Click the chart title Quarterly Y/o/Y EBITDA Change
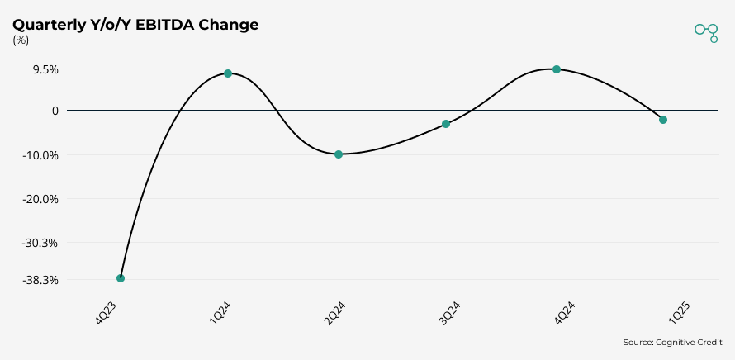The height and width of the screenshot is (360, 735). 135,25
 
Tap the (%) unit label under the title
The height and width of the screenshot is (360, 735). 21,40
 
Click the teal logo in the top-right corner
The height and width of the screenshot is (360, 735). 707,31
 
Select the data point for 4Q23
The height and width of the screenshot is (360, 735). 121,278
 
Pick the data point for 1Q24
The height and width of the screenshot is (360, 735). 228,73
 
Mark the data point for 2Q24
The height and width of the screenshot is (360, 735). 339,154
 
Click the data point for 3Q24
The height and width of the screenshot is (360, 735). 446,124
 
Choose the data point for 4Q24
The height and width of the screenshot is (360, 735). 557,69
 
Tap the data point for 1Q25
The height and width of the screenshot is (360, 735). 663,120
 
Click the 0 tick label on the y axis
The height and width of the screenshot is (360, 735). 55,111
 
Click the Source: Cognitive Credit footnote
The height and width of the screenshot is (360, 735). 672,343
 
